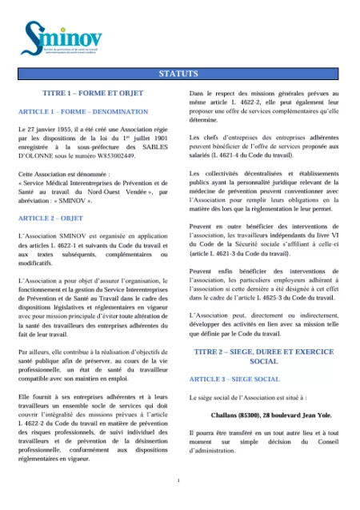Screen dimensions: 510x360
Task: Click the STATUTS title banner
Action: [x=179, y=74]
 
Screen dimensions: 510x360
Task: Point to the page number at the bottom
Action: [x=179, y=480]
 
